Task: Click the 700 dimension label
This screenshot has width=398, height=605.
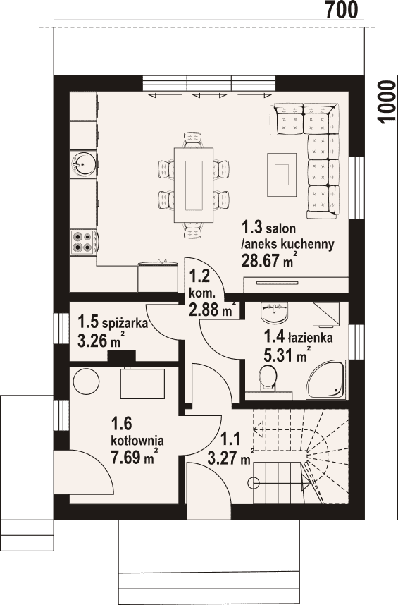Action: (342, 10)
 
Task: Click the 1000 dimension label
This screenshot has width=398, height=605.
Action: (387, 102)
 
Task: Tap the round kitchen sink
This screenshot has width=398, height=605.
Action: (83, 164)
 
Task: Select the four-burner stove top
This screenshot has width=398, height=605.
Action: (83, 242)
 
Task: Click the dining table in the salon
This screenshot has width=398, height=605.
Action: (194, 185)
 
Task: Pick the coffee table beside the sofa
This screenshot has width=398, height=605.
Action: (282, 174)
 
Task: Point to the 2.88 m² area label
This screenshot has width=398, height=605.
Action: (211, 309)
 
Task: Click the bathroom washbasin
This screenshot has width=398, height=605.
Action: (274, 312)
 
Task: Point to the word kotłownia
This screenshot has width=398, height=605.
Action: (137, 440)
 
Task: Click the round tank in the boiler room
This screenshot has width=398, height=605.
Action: (86, 381)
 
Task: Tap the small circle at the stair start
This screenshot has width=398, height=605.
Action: (254, 482)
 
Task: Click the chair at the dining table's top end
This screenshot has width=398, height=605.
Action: (193, 140)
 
